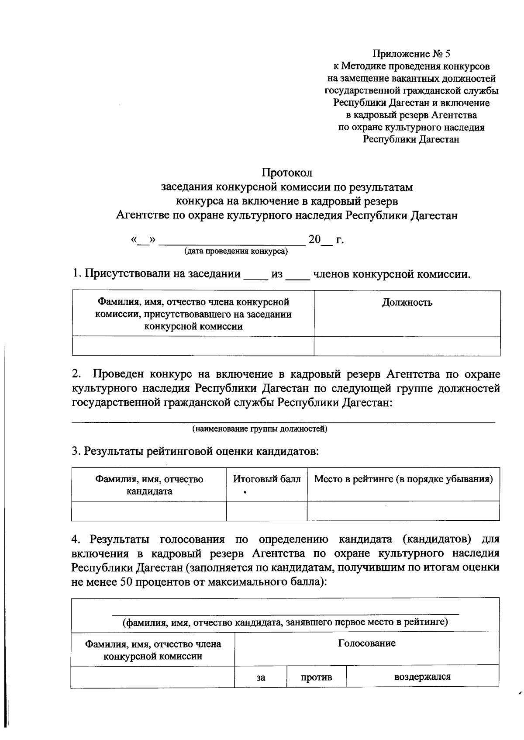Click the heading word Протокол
tap(287, 173)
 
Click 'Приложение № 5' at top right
tap(411, 54)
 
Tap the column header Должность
tap(407, 302)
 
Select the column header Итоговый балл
tap(266, 479)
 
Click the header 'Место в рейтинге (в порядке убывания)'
tap(403, 479)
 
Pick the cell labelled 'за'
tap(261, 678)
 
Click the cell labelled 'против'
tap(316, 678)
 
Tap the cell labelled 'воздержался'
tap(422, 677)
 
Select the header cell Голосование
tap(367, 643)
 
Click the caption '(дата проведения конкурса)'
tap(236, 252)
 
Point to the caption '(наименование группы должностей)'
tap(260, 429)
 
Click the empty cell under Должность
tap(407, 346)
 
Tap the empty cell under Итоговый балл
tap(266, 511)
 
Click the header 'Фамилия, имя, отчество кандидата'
tap(149, 485)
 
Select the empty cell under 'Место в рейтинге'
tap(403, 511)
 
